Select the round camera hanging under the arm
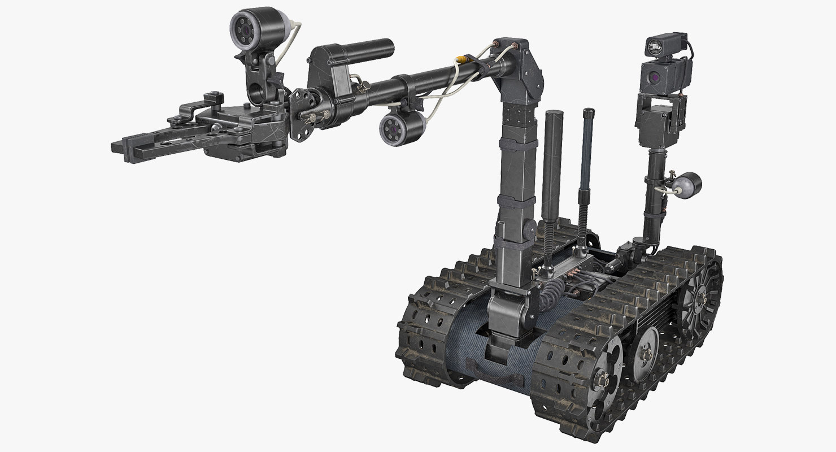(395, 129)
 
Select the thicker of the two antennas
(552, 164)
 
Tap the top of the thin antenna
(589, 111)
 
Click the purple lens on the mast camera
(654, 77)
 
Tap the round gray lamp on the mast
(689, 185)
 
